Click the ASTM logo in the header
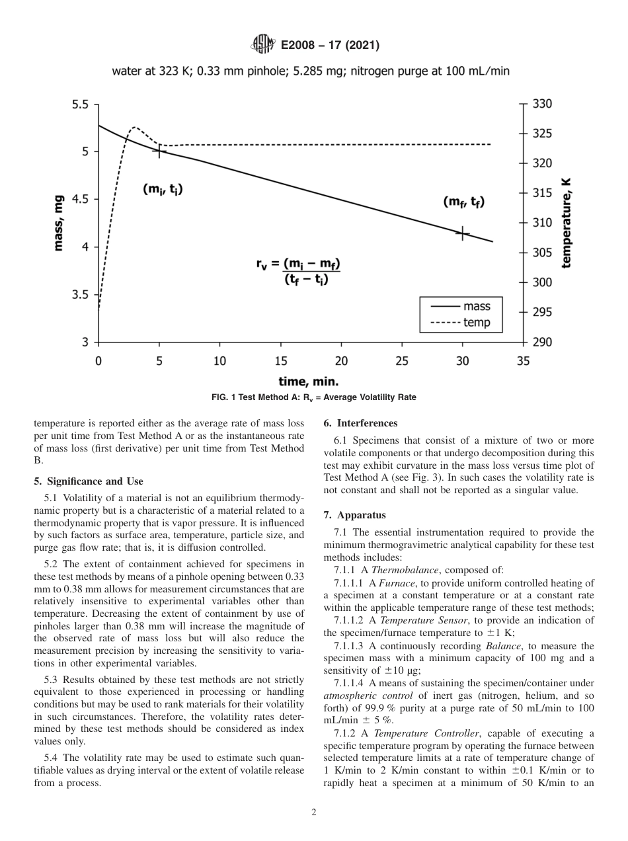(x=263, y=45)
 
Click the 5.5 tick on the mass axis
(x=81, y=104)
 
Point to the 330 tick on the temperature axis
(x=541, y=104)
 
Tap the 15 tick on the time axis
(x=280, y=361)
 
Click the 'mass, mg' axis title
(x=59, y=223)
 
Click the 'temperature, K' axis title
(x=566, y=223)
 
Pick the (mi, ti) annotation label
(x=163, y=189)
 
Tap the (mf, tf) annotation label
(x=463, y=202)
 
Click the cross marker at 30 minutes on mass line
(x=462, y=233)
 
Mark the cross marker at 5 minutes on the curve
(x=159, y=151)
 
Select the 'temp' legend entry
(x=463, y=322)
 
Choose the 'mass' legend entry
(x=463, y=307)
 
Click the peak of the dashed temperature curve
(x=135, y=127)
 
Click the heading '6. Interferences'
(x=360, y=423)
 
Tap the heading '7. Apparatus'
(x=354, y=514)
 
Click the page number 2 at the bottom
(x=314, y=813)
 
